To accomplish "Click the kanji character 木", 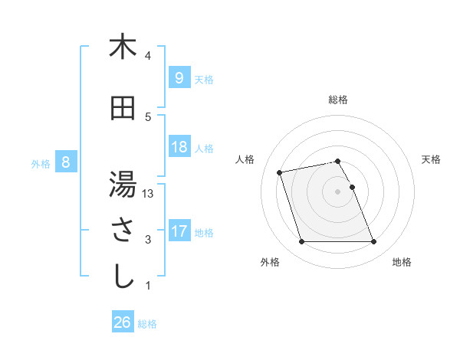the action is click(123, 47).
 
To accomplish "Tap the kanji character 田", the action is click(123, 110).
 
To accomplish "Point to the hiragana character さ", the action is click(123, 231).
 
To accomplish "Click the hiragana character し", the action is click(123, 277).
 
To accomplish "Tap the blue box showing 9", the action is click(178, 78).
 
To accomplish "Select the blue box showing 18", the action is click(178, 147).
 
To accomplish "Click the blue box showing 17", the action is click(178, 231).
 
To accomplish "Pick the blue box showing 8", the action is click(66, 162).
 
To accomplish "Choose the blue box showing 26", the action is click(123, 322).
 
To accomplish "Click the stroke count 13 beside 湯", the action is click(148, 194).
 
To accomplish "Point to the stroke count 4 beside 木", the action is click(148, 56).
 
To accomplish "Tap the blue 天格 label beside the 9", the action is click(204, 79).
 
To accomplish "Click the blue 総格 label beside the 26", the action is click(148, 324).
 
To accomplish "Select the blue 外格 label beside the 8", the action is click(41, 163).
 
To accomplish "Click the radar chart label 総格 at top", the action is click(338, 100).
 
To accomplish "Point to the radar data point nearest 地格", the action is click(373, 242).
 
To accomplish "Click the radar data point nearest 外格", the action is click(301, 242).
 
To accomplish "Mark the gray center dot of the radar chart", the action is click(337, 191).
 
